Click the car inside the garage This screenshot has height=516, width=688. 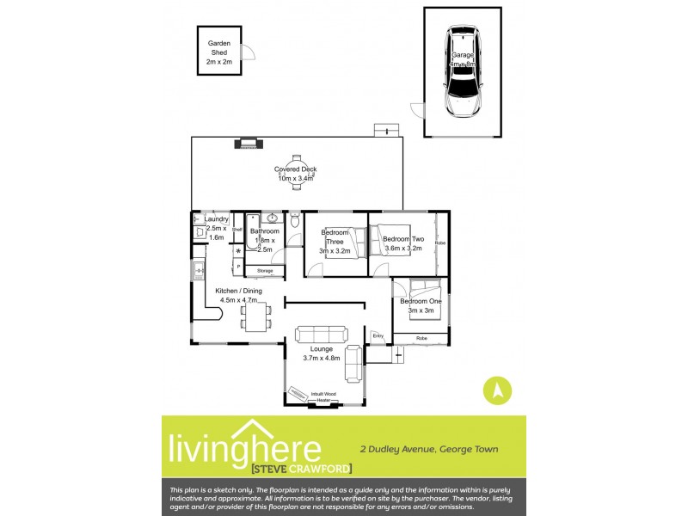pos(462,73)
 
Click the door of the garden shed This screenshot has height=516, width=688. pos(248,52)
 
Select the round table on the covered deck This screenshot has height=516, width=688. pos(295,169)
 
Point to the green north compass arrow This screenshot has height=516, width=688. pos(496,390)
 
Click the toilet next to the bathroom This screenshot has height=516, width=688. pos(295,223)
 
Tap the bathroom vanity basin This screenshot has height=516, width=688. pos(272,218)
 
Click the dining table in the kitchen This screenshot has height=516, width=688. pos(255,318)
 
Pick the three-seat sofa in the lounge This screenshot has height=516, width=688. pos(322,335)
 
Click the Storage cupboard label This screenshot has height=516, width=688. pos(265,271)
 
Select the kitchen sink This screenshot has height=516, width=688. pos(198,272)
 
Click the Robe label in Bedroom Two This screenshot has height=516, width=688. pos(440,243)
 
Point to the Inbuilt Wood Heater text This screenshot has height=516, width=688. pos(323,396)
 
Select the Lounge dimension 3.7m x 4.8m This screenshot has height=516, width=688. pos(322,358)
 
